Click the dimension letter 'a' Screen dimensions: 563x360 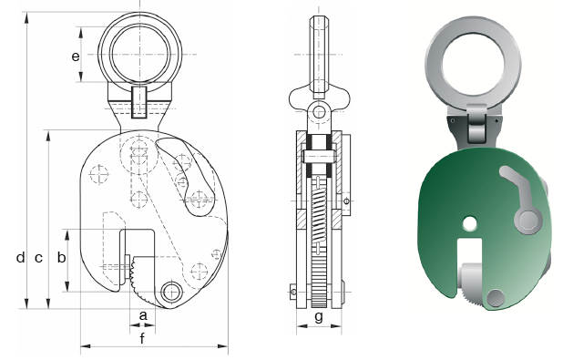(x=143, y=316)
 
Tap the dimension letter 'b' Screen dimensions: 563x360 (x=61, y=257)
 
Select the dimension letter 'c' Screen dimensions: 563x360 (x=38, y=258)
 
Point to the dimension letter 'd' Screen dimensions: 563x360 (x=20, y=257)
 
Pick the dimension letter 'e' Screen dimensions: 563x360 (x=76, y=57)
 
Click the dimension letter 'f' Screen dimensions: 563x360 (x=142, y=338)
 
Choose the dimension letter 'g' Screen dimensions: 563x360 (x=319, y=317)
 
